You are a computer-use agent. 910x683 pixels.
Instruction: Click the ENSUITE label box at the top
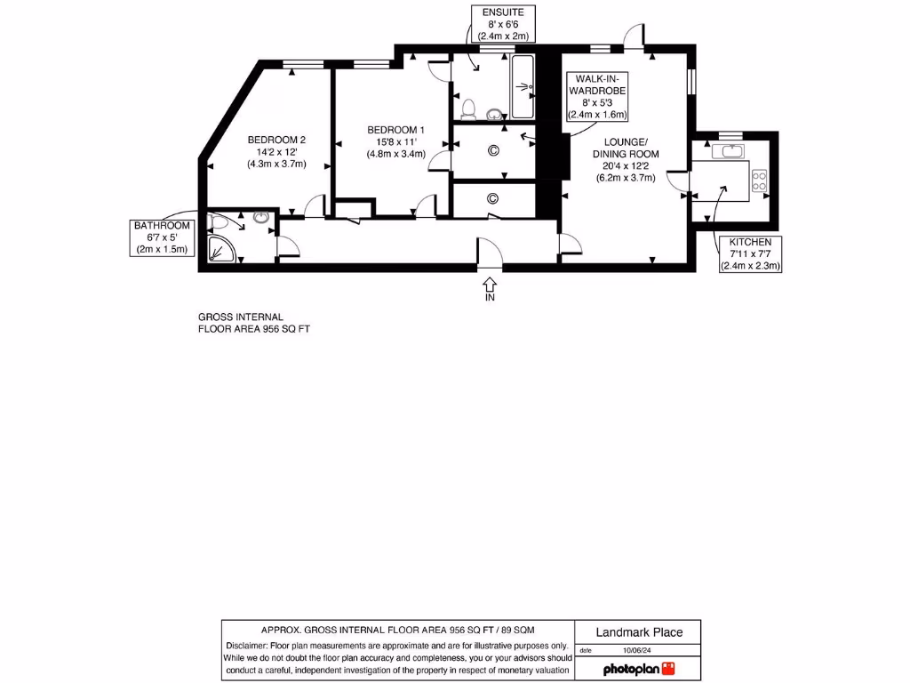[502, 24]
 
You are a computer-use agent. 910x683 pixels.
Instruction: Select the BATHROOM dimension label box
[163, 237]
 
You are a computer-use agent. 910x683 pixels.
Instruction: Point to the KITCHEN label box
[751, 253]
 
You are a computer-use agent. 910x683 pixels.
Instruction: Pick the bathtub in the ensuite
[522, 87]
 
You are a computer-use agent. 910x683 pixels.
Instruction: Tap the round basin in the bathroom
[261, 217]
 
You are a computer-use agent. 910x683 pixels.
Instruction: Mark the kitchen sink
[732, 152]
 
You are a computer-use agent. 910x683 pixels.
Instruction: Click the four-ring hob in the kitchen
[761, 181]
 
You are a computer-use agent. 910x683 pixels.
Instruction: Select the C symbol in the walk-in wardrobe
[493, 150]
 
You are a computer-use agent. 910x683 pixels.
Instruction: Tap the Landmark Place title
[638, 632]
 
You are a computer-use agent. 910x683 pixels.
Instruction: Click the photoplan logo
[638, 669]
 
